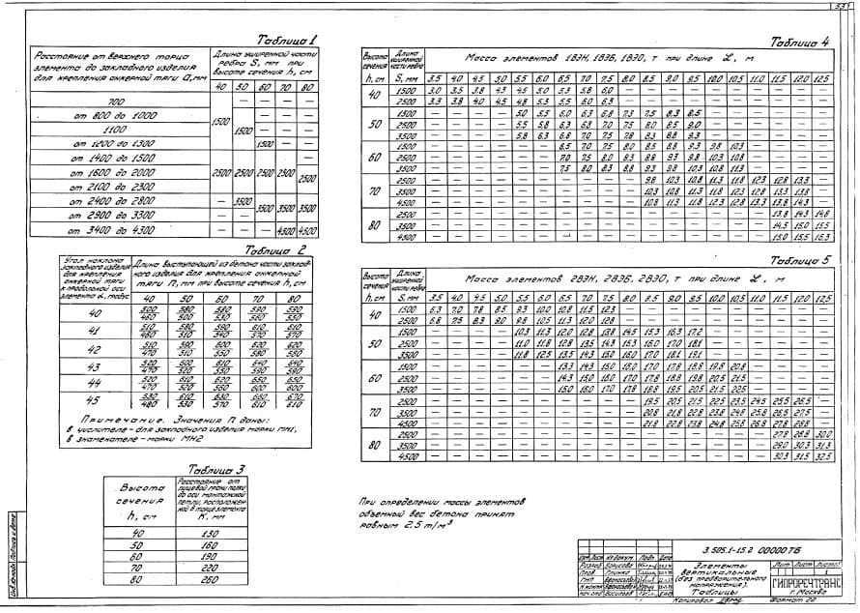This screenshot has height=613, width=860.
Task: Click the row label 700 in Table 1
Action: point(116,101)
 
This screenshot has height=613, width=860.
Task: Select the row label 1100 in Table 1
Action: point(115,128)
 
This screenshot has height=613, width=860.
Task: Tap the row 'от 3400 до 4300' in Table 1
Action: point(115,229)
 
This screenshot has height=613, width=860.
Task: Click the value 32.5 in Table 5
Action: point(821,455)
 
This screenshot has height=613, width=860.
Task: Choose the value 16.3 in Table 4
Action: point(821,236)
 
